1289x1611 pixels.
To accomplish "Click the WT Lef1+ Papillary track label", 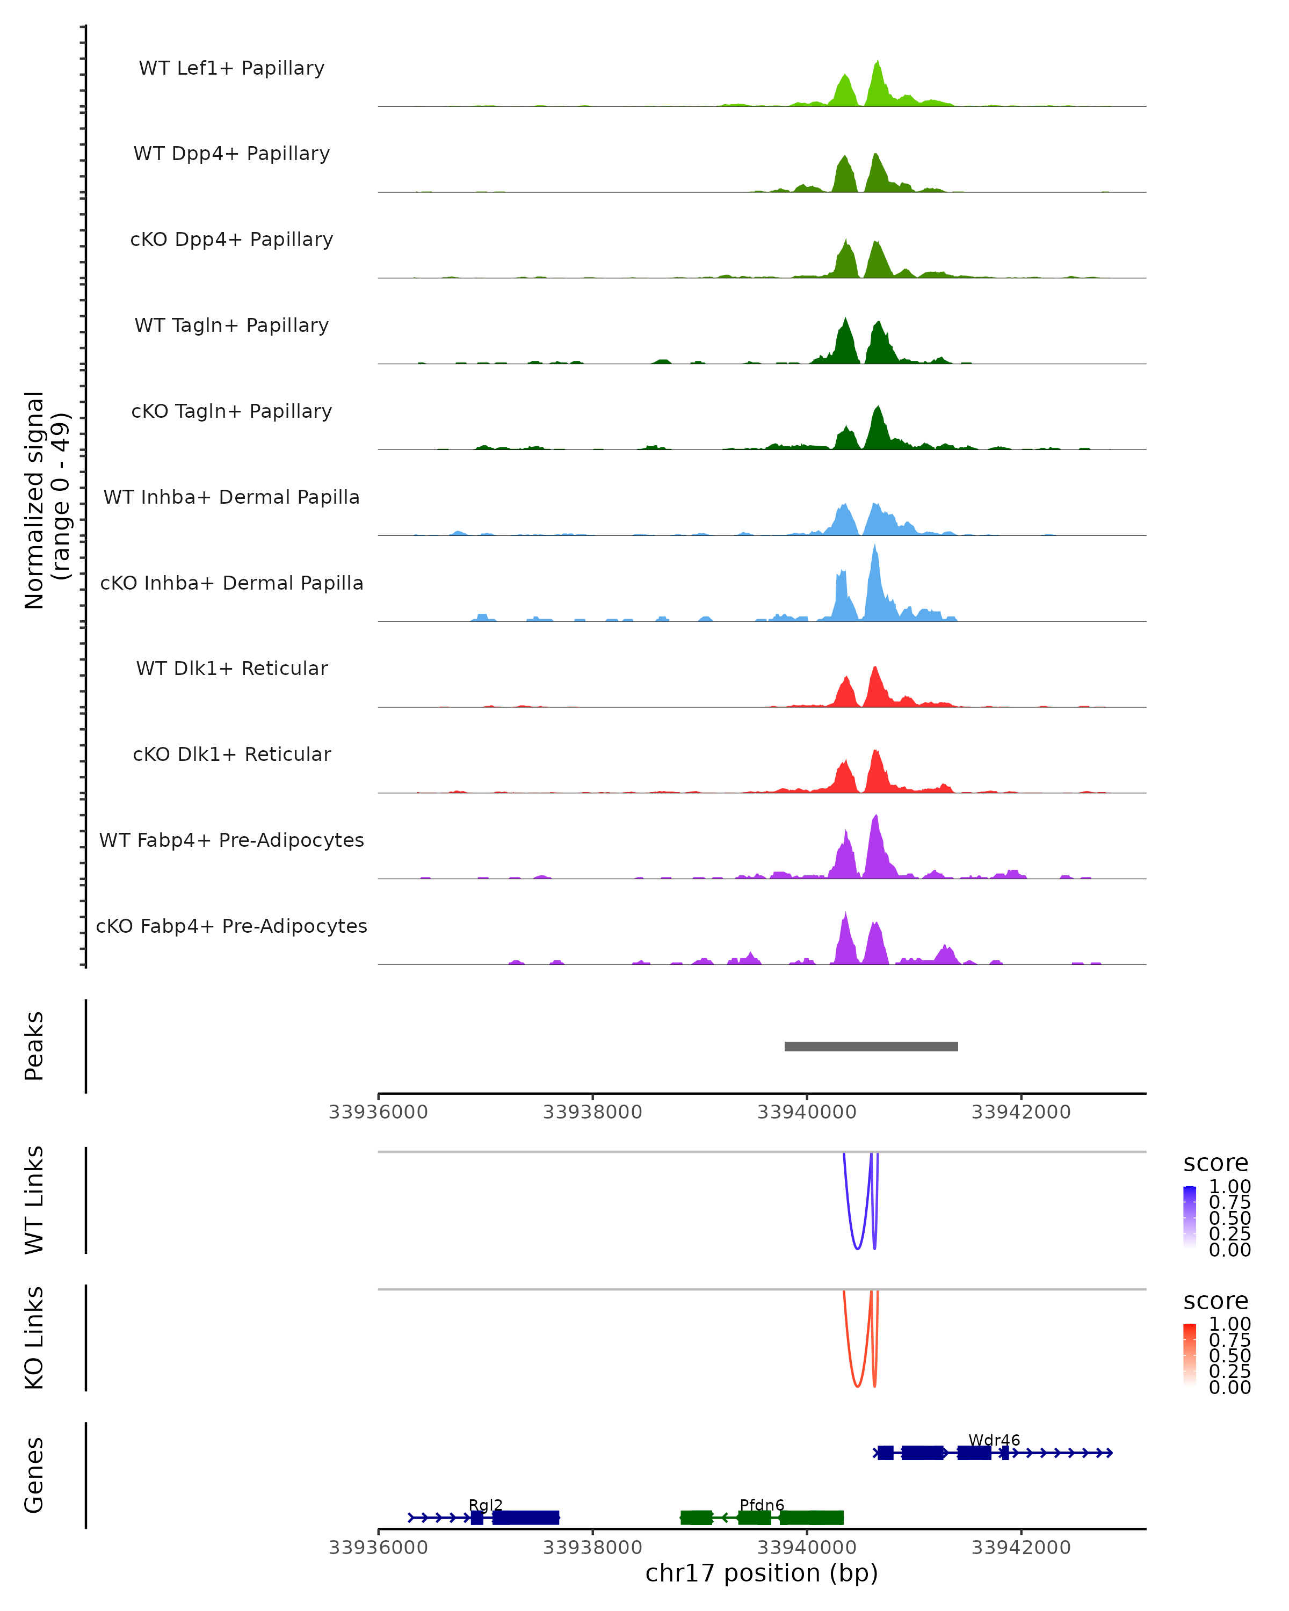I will pyautogui.click(x=231, y=68).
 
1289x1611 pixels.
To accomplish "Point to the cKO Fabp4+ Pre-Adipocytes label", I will pyautogui.click(x=231, y=926).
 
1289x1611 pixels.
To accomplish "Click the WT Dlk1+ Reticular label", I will pyautogui.click(x=231, y=668).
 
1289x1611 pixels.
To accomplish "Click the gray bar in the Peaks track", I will pyautogui.click(x=871, y=1046).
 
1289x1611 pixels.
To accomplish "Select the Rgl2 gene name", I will pyautogui.click(x=486, y=1505).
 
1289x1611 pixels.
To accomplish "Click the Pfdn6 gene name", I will pyautogui.click(x=762, y=1505).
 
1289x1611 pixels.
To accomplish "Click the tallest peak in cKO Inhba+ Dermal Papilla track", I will pyautogui.click(x=875, y=548).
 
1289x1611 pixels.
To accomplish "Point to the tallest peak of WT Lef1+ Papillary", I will pyautogui.click(x=877, y=63).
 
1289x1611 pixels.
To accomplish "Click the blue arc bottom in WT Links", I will pyautogui.click(x=857, y=1248).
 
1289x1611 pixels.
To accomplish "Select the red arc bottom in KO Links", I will pyautogui.click(x=857, y=1386).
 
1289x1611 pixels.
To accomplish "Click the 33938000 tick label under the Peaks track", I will pyautogui.click(x=592, y=1112).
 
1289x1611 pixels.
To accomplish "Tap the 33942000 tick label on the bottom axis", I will pyautogui.click(x=1021, y=1547).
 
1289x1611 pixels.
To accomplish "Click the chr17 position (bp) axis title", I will pyautogui.click(x=762, y=1573).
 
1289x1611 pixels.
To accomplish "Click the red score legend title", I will pyautogui.click(x=1216, y=1301).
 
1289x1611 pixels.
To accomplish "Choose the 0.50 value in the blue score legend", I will pyautogui.click(x=1230, y=1218).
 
